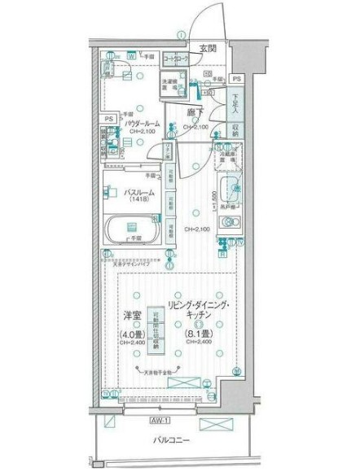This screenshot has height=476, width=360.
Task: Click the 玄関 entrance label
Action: click(x=207, y=49)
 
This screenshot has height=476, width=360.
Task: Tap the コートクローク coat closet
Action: click(x=178, y=60)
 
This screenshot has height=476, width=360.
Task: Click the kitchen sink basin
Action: click(x=229, y=190)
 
